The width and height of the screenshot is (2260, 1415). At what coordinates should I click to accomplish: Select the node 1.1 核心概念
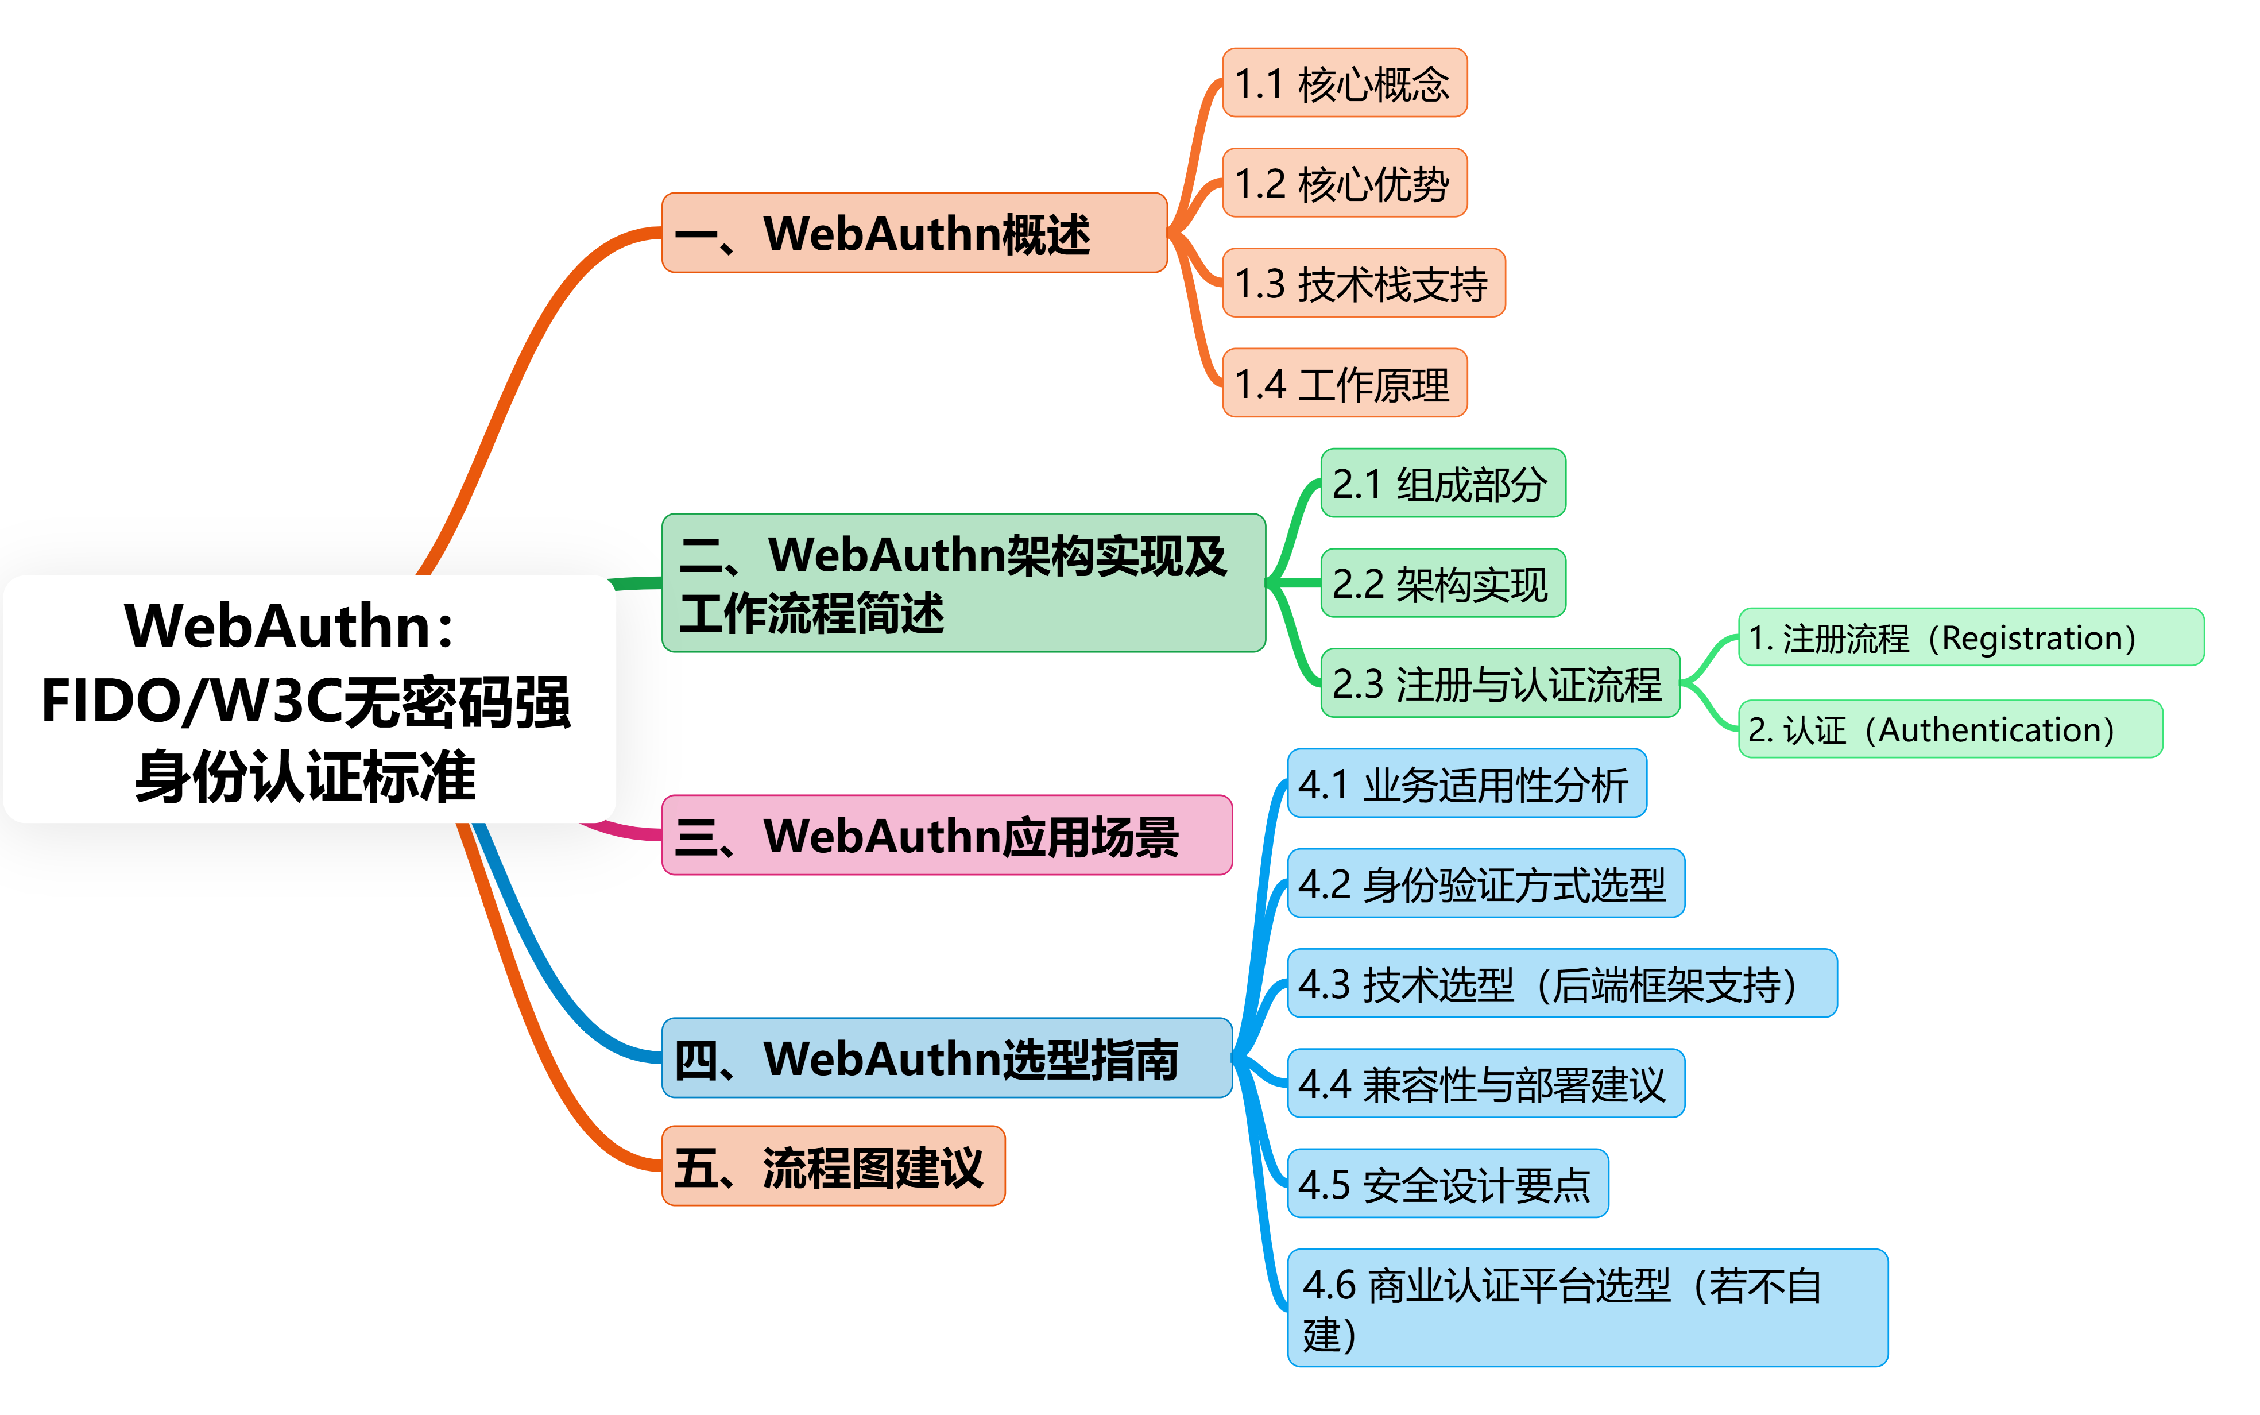1344,83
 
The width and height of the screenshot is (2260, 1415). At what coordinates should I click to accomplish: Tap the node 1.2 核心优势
1344,183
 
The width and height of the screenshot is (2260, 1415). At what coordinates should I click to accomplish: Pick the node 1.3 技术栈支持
1363,284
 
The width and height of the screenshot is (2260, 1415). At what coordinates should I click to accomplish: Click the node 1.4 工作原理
1344,384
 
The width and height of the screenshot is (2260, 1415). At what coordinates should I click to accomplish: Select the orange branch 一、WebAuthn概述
914,233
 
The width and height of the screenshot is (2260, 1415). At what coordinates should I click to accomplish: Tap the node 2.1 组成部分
1442,483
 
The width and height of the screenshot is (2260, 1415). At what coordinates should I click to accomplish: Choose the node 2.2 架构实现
1442,583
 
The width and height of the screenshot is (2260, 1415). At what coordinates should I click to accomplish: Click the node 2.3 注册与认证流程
1500,683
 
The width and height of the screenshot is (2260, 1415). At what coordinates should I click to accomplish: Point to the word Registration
2037,638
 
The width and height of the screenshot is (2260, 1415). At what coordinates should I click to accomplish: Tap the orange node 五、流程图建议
833,1166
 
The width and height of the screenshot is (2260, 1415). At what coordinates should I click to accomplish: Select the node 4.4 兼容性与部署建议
1485,1084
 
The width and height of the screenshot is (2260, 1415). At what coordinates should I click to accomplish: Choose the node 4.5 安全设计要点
1447,1184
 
